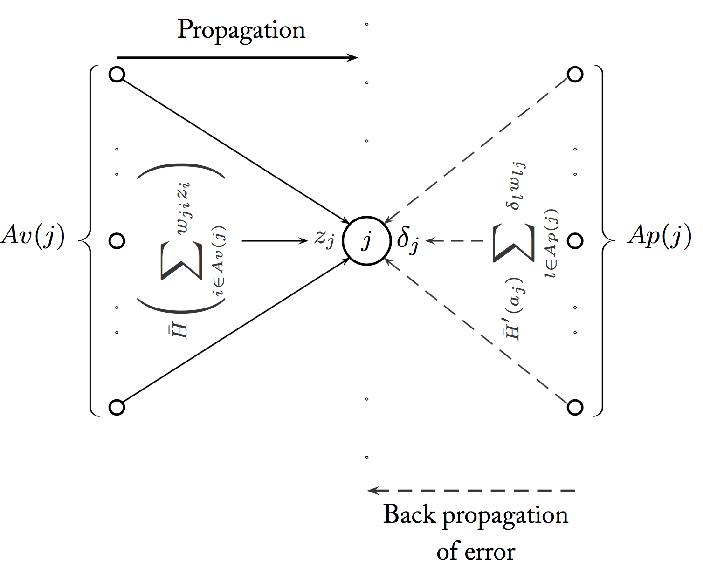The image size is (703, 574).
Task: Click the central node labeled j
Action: coord(367,241)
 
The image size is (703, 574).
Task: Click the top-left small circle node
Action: coord(117,75)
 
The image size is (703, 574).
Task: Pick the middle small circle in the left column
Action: coord(117,241)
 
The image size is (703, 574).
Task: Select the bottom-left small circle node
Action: coord(117,407)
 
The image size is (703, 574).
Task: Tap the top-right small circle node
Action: coord(575,75)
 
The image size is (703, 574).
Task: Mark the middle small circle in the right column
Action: coord(575,241)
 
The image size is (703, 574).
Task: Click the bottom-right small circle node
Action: coord(575,407)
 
